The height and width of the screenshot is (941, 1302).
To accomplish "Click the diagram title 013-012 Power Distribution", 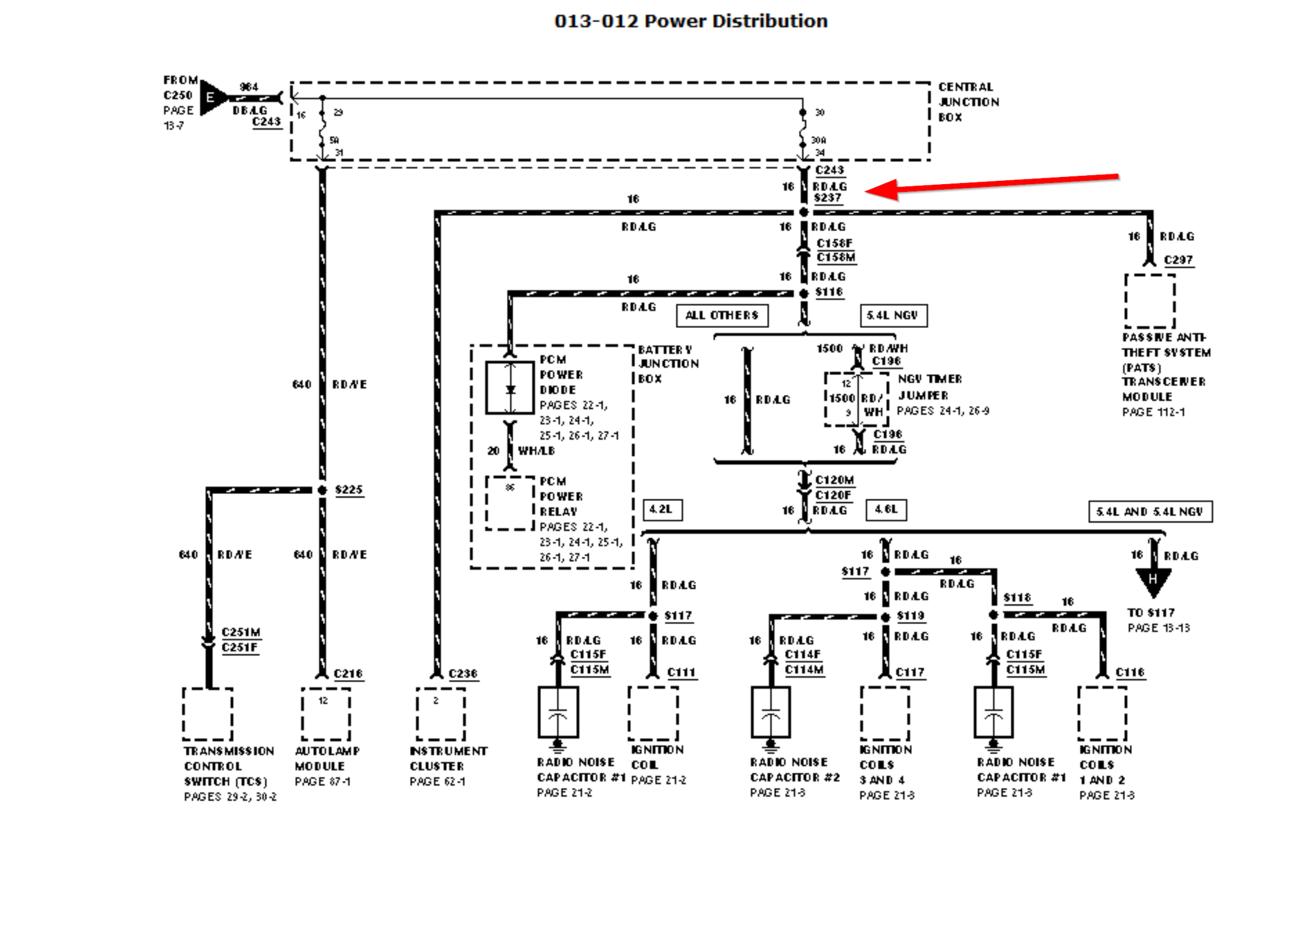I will pyautogui.click(x=691, y=21).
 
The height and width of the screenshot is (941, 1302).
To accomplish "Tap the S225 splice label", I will pyautogui.click(x=349, y=489).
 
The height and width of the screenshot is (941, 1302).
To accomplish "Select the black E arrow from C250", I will pyautogui.click(x=212, y=98).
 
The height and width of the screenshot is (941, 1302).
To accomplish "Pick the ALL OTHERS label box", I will pyautogui.click(x=722, y=316).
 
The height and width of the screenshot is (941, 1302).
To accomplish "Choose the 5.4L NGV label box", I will pyautogui.click(x=893, y=316).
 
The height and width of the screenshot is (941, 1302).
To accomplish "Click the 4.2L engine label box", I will pyautogui.click(x=662, y=510).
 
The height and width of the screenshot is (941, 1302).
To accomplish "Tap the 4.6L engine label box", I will pyautogui.click(x=886, y=510).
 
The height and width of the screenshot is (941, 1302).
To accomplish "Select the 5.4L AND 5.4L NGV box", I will pyautogui.click(x=1150, y=511).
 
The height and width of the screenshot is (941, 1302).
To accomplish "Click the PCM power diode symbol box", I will pyautogui.click(x=510, y=389).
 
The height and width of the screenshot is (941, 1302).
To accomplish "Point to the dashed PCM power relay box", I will pyautogui.click(x=510, y=503).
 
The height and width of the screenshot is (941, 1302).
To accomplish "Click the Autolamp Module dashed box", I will pyautogui.click(x=325, y=714).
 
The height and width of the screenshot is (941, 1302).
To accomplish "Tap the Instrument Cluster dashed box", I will pyautogui.click(x=441, y=714).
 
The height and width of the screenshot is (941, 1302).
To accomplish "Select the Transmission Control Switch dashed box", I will pyautogui.click(x=208, y=714).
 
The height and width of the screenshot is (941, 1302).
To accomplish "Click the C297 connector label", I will pyautogui.click(x=1178, y=260).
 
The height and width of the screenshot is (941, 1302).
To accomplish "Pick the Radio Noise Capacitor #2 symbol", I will pyautogui.click(x=771, y=712).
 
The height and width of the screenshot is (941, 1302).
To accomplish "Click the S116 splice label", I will pyautogui.click(x=829, y=292).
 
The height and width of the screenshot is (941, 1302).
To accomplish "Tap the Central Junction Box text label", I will pyautogui.click(x=968, y=102).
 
